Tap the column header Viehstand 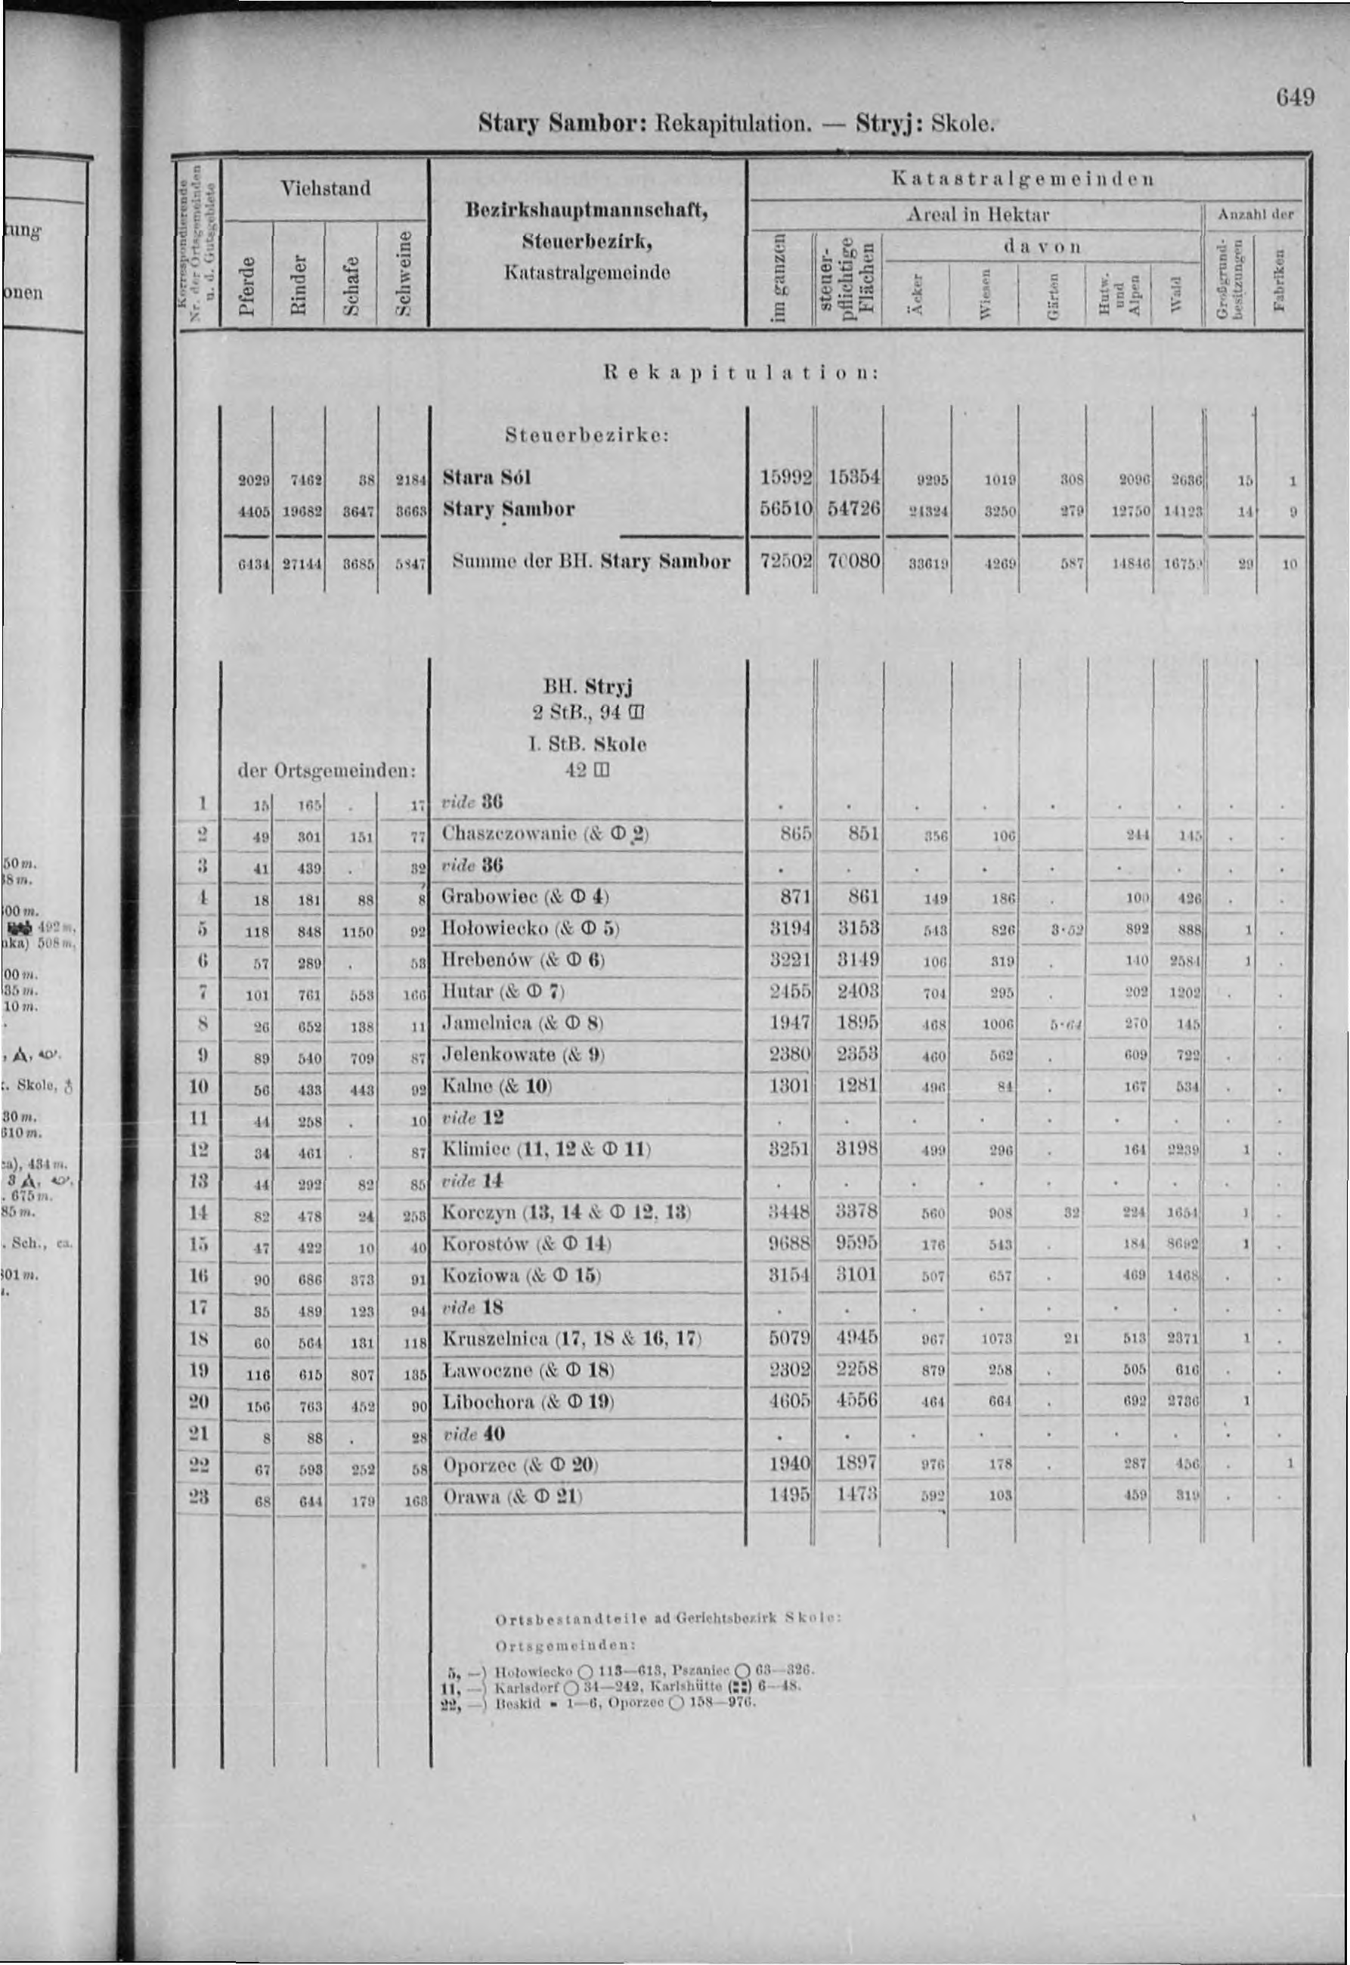(x=325, y=187)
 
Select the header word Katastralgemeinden (x=1023, y=178)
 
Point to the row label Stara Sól (x=486, y=478)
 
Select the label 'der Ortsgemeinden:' (x=326, y=771)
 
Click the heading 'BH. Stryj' (x=589, y=685)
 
